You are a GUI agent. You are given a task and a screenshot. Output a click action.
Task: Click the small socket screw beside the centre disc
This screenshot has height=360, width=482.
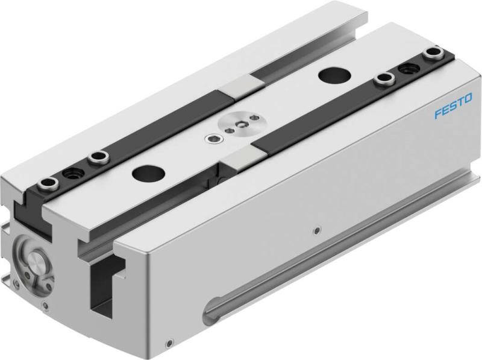[x=215, y=141]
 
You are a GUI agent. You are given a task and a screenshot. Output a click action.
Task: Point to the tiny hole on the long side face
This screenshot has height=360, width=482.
[x=317, y=230]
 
